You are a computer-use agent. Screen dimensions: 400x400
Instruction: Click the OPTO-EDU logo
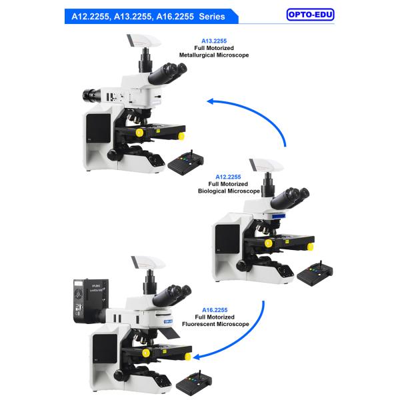[x=310, y=14]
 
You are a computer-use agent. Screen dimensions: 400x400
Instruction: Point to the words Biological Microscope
[x=229, y=191]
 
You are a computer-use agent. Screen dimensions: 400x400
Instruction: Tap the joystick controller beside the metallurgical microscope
[x=185, y=161]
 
